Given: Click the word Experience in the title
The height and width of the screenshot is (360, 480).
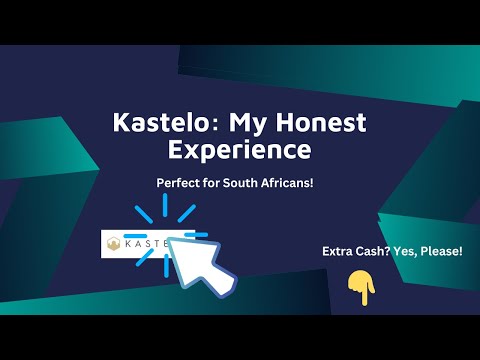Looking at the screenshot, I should point(240,152).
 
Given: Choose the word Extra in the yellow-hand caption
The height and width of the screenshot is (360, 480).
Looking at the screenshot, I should point(341,250).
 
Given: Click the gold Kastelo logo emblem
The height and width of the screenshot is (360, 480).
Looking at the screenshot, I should point(116,244).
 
